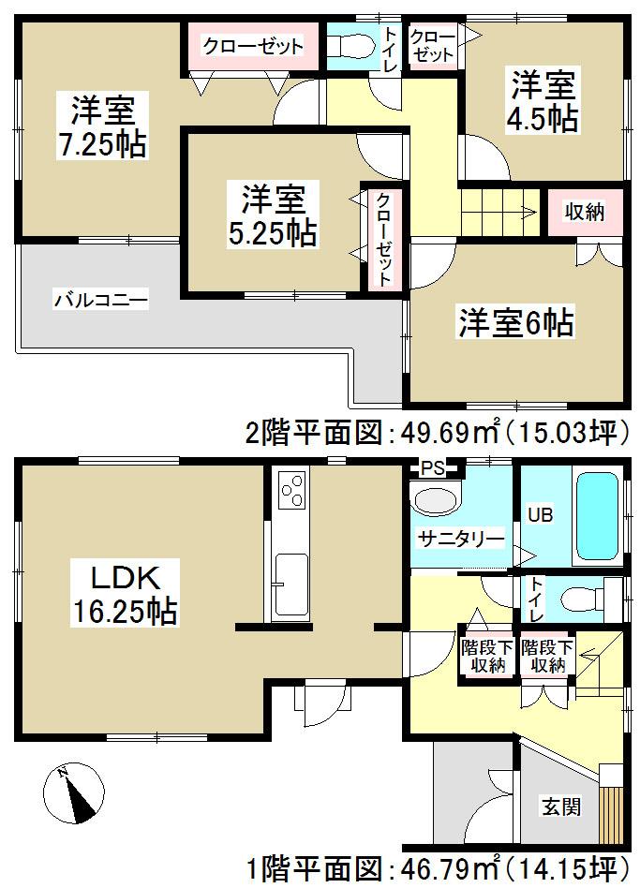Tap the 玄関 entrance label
[558, 806]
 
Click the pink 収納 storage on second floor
[585, 212]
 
